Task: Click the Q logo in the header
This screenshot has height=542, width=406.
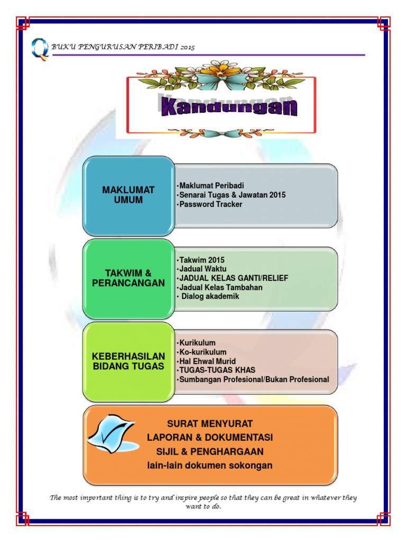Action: [x=40, y=49]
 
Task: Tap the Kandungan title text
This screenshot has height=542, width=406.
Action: [x=229, y=106]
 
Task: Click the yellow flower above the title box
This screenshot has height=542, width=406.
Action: [x=220, y=70]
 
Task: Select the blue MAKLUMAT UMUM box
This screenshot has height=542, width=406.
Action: [x=128, y=196]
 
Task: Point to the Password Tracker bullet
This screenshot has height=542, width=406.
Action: [x=209, y=204]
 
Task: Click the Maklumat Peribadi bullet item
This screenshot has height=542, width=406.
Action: [x=210, y=186]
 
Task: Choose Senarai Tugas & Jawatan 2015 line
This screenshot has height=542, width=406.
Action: [x=231, y=195]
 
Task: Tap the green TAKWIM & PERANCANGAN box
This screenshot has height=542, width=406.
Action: [x=128, y=278]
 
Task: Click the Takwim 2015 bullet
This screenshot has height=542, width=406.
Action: [x=200, y=260]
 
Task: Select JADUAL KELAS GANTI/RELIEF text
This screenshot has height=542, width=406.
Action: [x=233, y=278]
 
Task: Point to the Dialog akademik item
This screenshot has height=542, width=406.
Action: [x=208, y=296]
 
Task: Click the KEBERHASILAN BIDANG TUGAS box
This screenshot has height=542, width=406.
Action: [x=128, y=362]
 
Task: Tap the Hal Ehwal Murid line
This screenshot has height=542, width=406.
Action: [x=206, y=361]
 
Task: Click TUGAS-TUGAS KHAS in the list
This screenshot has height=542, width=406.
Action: [x=216, y=370]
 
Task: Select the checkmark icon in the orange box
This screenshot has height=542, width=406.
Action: [x=113, y=433]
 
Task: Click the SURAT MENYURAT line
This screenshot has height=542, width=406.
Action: [x=210, y=424]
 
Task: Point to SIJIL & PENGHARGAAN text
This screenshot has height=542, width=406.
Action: [x=210, y=451]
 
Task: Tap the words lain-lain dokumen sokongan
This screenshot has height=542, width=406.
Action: [x=210, y=466]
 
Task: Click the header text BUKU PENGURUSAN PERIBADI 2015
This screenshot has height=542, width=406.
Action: [x=123, y=47]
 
